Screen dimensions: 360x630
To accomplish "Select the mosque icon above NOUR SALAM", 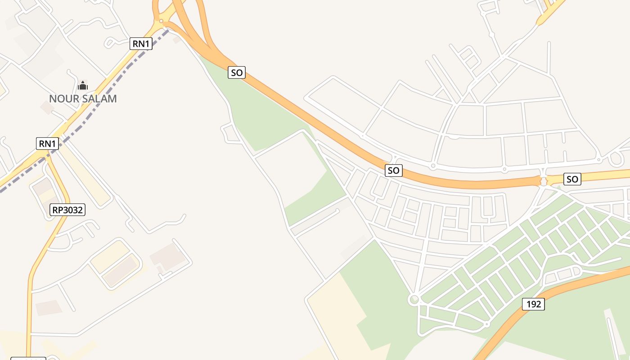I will (x=83, y=85).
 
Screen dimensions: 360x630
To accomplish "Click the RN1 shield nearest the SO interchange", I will (x=141, y=44).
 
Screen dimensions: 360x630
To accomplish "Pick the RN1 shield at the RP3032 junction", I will (x=47, y=144).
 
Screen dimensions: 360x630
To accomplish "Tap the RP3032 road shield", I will (x=67, y=209).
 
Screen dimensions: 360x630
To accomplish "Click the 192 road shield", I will (x=533, y=304).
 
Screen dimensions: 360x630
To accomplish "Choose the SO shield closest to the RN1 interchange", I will (x=237, y=72).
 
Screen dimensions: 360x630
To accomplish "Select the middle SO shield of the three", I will (x=393, y=171).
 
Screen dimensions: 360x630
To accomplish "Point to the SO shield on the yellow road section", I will (x=572, y=179).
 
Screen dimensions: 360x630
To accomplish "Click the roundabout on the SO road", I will (x=544, y=181).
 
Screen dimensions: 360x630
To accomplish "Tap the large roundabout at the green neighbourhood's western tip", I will (x=414, y=299).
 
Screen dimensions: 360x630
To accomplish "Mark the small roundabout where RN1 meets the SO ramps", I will (x=161, y=21).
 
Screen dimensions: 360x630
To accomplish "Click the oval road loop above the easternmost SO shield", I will (x=616, y=158).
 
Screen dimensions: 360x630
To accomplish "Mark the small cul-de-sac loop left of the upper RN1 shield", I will (x=109, y=43).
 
